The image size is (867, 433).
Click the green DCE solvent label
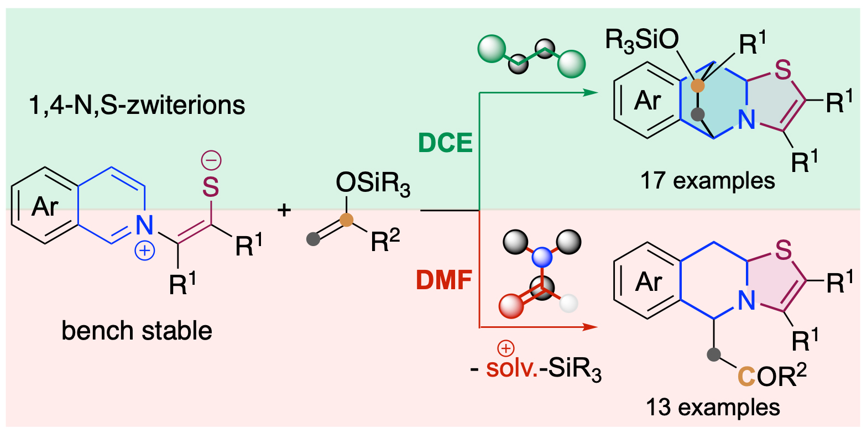click(x=446, y=143)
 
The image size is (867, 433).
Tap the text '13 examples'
click(x=713, y=408)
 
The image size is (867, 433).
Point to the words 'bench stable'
click(x=137, y=331)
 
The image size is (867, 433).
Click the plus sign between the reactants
click(x=286, y=210)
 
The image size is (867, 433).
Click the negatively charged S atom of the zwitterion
click(x=211, y=186)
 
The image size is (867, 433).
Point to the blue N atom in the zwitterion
click(x=145, y=224)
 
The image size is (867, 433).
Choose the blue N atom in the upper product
click(x=746, y=118)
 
